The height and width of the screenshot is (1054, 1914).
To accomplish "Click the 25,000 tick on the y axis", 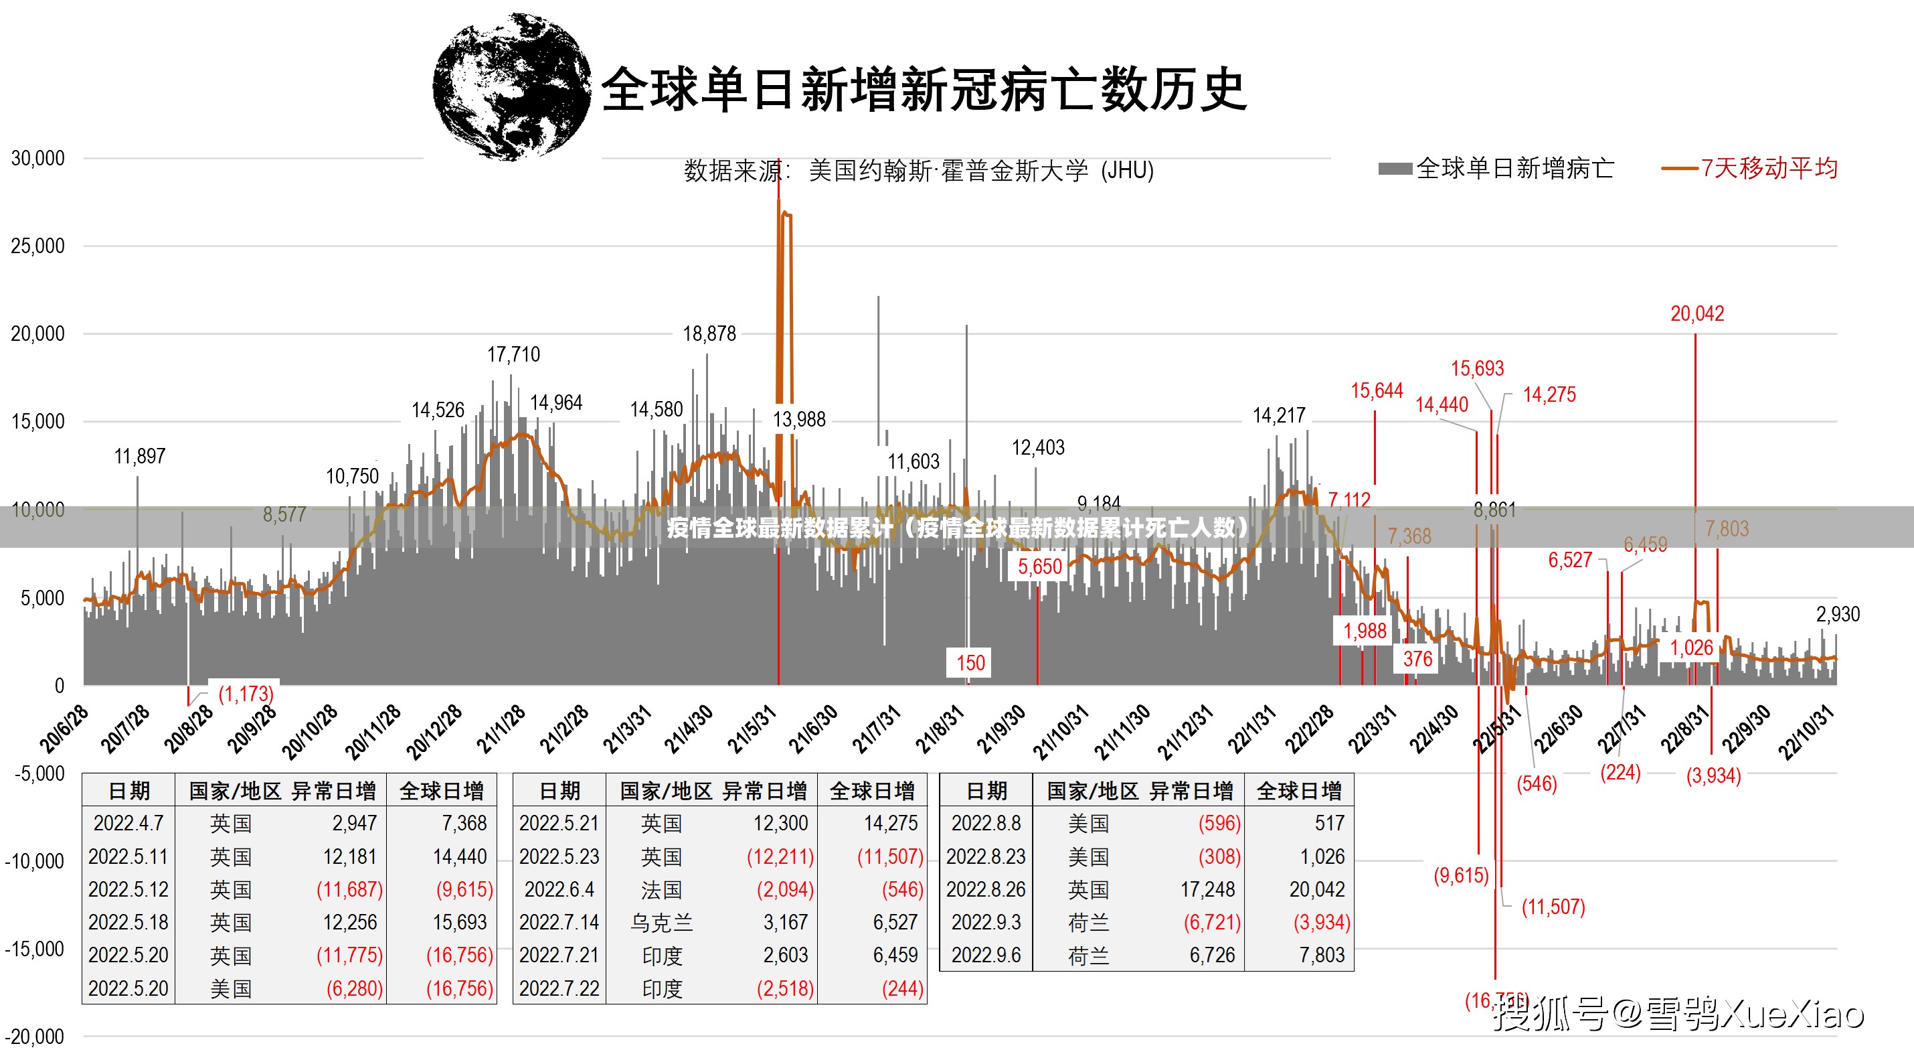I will (38, 246).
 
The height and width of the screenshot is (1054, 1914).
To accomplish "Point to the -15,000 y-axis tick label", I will (34, 949).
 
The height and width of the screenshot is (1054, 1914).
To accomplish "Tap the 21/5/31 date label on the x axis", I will (752, 729).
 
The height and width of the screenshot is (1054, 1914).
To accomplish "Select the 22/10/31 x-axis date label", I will (1806, 732).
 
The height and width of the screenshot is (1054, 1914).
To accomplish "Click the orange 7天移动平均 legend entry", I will (1750, 169).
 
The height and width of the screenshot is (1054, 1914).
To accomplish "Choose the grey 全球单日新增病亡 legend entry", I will (1496, 169).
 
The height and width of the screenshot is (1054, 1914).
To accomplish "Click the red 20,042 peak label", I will (1697, 313).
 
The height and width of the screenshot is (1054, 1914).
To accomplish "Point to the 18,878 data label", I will (709, 333).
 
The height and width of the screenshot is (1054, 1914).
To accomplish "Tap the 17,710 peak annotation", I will (513, 354).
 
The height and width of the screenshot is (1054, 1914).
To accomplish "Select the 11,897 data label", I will (140, 457).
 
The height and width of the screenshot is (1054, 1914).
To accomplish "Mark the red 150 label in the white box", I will (970, 663).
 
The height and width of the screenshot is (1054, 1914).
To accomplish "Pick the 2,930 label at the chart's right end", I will (1838, 615).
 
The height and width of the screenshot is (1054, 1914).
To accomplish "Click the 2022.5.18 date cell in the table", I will (128, 923).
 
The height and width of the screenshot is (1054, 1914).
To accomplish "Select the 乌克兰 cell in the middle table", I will (661, 923).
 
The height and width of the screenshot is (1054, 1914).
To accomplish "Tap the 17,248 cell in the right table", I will (1207, 890).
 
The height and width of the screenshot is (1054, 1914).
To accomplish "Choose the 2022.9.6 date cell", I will (986, 955).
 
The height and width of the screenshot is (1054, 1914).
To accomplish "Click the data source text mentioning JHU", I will (918, 171).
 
